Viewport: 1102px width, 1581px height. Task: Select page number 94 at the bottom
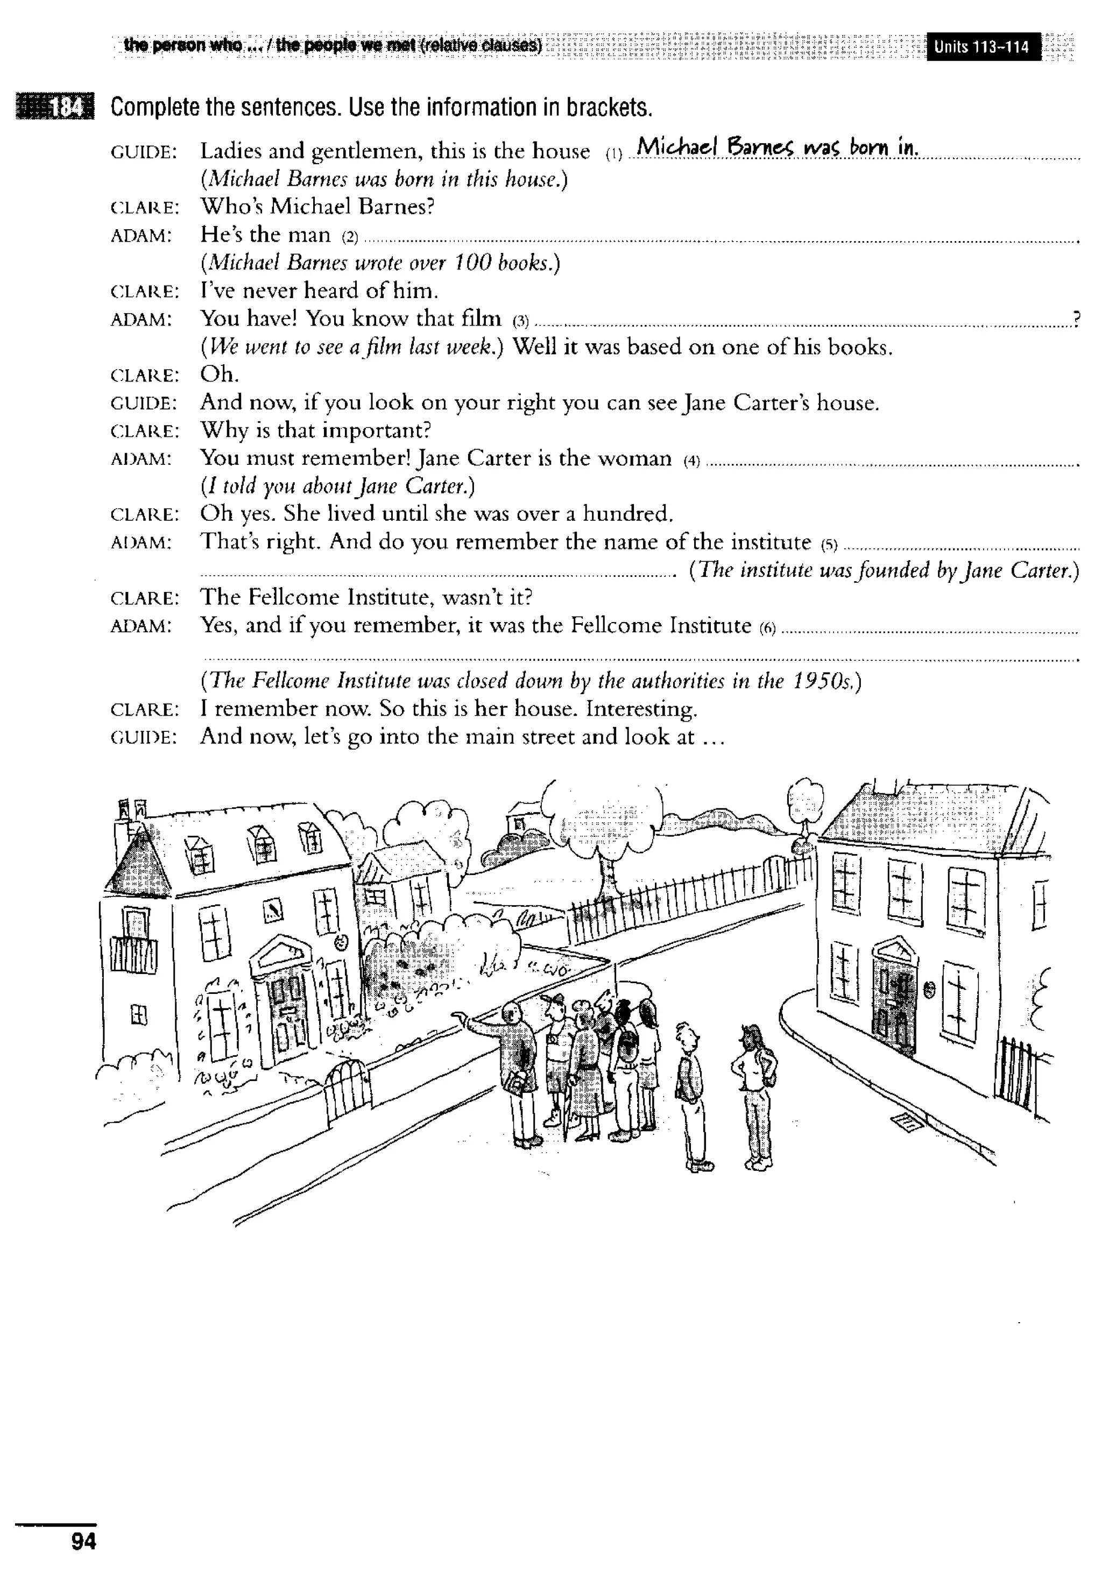[x=83, y=1541]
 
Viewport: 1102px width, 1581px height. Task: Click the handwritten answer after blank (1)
[x=777, y=147]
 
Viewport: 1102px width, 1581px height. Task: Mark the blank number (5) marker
[x=829, y=545]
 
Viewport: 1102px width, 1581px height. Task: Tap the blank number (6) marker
[x=767, y=628]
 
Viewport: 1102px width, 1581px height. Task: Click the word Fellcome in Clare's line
[x=299, y=597]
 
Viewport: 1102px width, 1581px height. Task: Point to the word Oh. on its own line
[x=219, y=375]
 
